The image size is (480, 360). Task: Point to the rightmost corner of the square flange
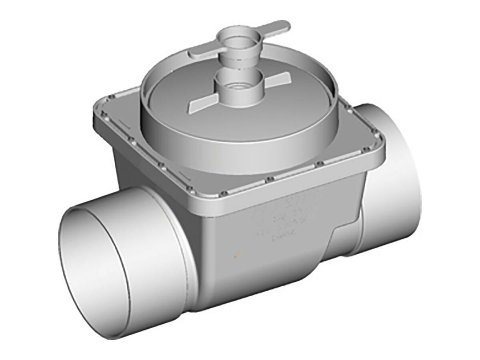point(383,136)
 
